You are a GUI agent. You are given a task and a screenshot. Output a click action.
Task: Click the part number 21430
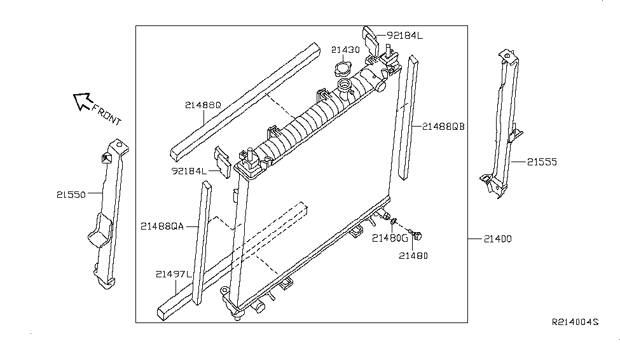(345, 49)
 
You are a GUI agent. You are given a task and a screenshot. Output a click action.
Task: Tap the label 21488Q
(203, 106)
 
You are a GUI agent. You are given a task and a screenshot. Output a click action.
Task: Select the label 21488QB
(443, 126)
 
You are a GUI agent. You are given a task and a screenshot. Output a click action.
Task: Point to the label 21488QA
(162, 226)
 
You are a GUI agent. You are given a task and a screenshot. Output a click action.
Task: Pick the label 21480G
(389, 239)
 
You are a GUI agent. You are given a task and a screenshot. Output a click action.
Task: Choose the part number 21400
(497, 239)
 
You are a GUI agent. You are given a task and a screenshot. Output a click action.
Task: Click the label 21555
(542, 162)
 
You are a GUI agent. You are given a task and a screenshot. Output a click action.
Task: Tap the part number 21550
(71, 195)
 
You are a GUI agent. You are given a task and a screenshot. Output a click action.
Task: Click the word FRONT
(106, 115)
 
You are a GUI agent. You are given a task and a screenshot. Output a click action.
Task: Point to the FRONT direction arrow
(82, 100)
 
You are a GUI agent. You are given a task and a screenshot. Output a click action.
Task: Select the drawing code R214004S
(575, 323)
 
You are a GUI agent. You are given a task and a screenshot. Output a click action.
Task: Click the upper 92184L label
(404, 36)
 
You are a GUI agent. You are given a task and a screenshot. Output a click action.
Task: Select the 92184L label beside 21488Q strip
(189, 171)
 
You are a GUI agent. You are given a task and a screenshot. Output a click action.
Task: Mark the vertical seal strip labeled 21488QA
(201, 242)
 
